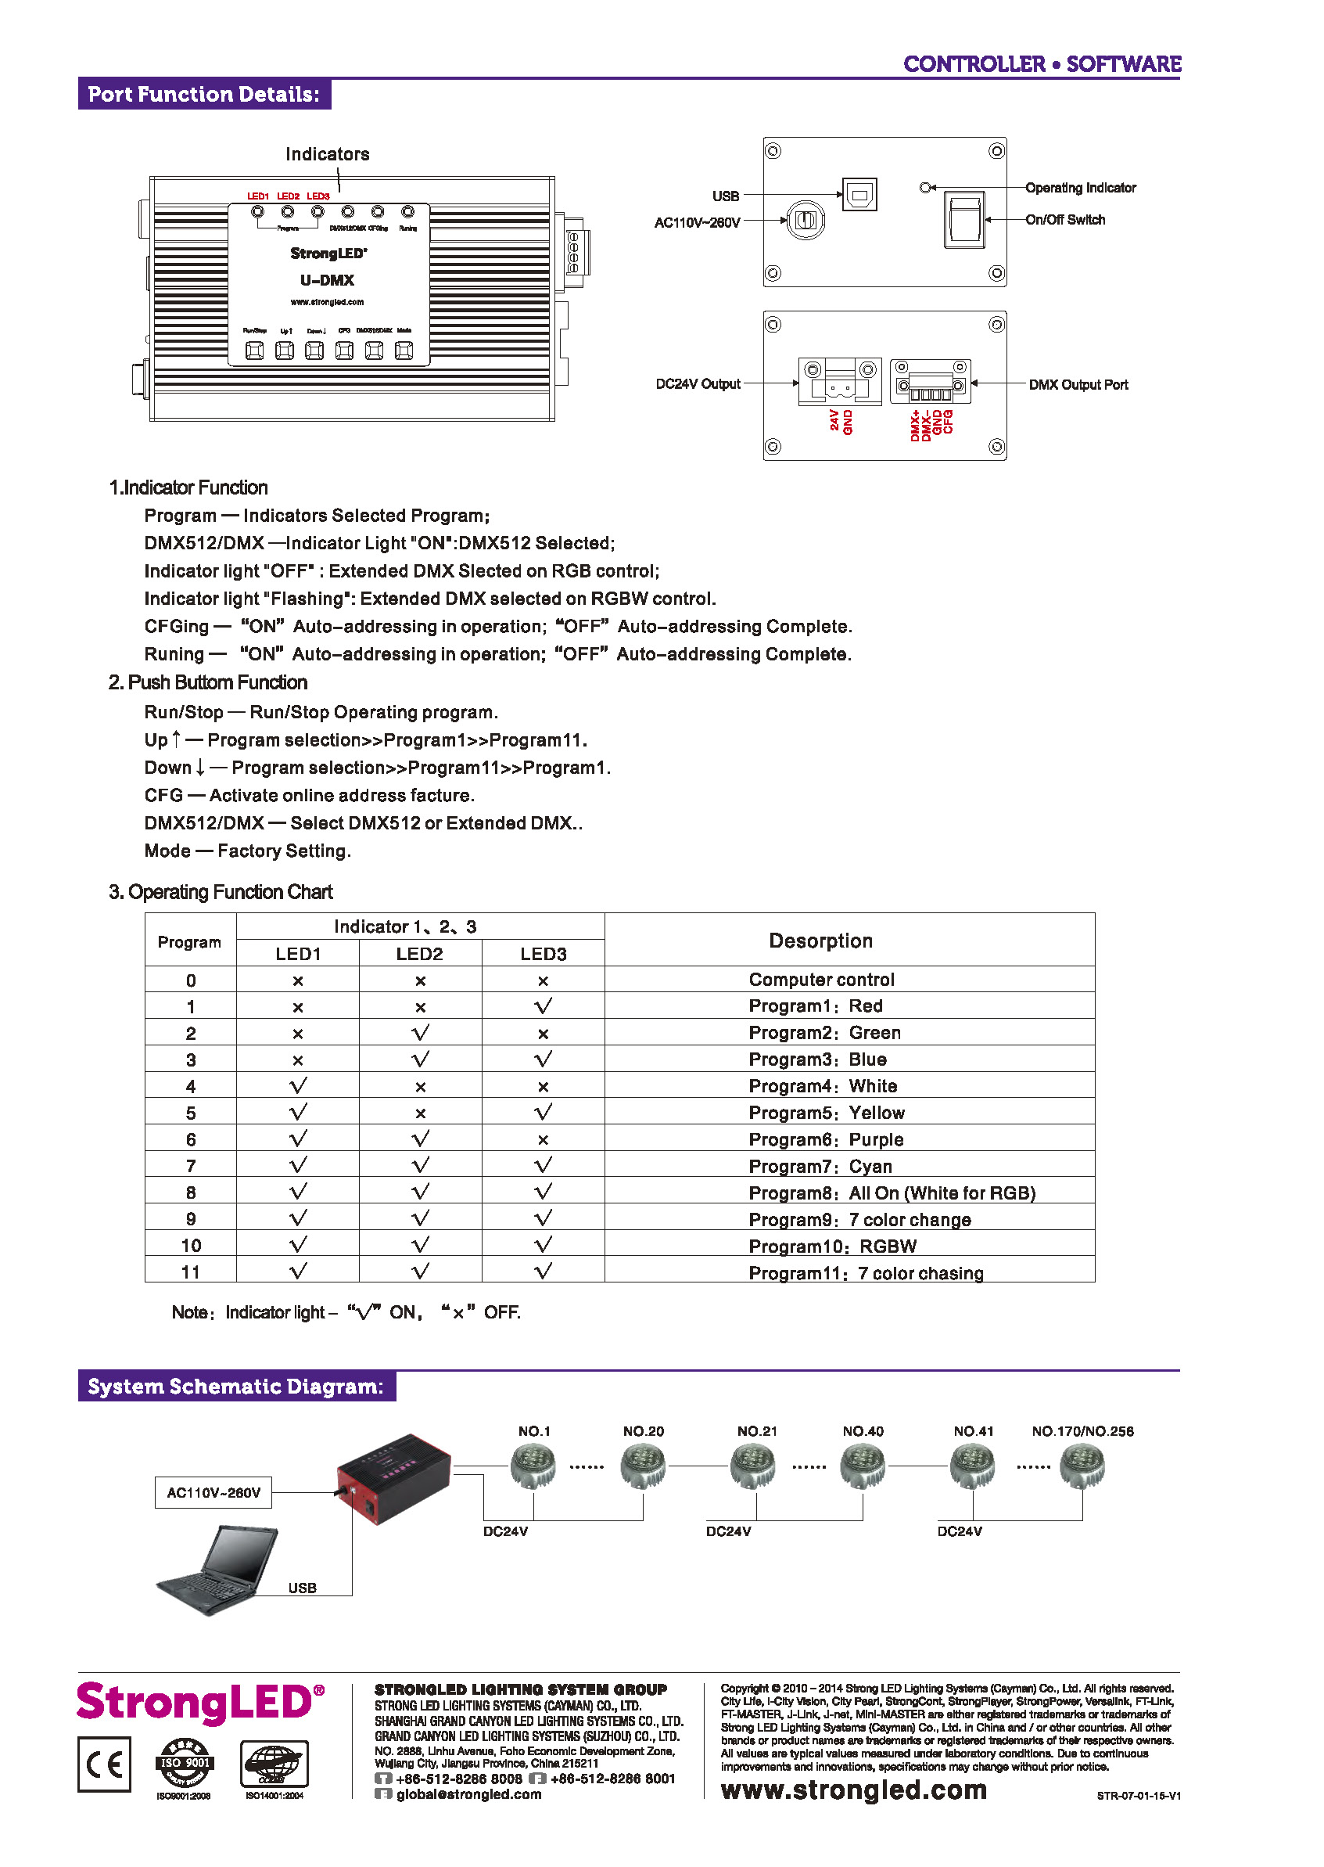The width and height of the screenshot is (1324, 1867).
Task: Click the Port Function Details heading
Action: (204, 95)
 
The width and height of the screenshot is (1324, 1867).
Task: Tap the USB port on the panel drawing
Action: (859, 195)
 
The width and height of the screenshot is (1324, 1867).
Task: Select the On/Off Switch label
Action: (1064, 220)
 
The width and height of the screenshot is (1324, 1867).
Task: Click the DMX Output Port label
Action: (1078, 385)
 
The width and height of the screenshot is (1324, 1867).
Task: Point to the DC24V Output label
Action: (698, 384)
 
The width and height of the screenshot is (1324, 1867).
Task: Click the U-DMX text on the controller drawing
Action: (327, 281)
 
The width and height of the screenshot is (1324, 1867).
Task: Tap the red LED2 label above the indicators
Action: (288, 196)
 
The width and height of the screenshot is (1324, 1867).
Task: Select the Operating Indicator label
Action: (1080, 189)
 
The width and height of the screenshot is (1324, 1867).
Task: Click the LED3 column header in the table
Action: (543, 955)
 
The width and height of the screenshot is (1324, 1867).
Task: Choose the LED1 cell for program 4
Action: (299, 1086)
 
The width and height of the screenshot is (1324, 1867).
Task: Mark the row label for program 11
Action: (191, 1272)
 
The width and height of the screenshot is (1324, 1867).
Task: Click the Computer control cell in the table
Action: (821, 980)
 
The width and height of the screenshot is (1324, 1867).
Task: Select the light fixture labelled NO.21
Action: (752, 1466)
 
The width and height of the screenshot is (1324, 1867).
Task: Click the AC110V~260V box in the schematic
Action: (213, 1493)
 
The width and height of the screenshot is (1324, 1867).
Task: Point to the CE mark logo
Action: (104, 1765)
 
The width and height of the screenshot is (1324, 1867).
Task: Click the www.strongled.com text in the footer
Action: (853, 1790)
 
